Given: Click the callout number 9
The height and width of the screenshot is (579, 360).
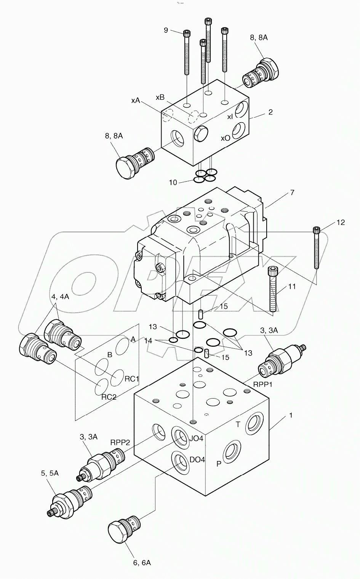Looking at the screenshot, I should (166, 30).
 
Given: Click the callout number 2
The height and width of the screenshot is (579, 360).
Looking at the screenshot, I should (270, 112).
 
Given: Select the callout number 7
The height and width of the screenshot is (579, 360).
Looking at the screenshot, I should (292, 193).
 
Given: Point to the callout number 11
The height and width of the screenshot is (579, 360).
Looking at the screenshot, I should (292, 287).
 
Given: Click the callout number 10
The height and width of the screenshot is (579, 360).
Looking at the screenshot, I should (173, 183).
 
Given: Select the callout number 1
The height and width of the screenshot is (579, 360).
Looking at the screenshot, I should (291, 415).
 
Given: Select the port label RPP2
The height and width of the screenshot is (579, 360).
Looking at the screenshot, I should (120, 442).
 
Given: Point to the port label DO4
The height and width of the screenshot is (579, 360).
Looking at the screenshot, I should (197, 459).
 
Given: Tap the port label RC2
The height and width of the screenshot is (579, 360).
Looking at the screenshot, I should (109, 397).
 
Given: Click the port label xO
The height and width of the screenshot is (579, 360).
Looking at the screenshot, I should (226, 138).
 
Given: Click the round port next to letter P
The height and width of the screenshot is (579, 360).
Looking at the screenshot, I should (231, 451).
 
